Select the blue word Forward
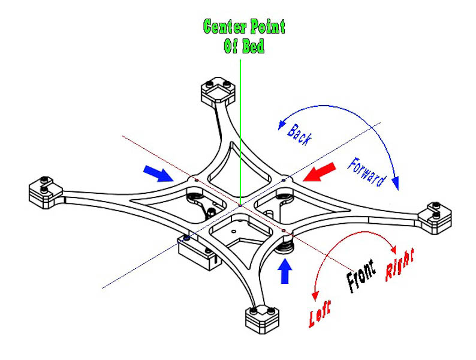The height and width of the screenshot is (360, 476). coord(365,172)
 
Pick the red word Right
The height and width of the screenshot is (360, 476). coord(400,263)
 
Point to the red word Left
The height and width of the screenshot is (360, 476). coord(321,309)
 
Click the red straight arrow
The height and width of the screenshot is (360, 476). coord(318,173)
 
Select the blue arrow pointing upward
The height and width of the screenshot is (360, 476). coord(285,271)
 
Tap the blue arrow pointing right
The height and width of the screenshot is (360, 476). coord(158,173)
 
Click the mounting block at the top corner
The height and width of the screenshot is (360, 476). coord(215,91)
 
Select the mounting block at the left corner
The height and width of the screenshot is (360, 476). coord(45,191)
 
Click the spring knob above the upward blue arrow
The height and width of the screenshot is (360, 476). coord(286,242)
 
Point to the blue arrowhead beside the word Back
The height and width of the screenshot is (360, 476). coord(280,125)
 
